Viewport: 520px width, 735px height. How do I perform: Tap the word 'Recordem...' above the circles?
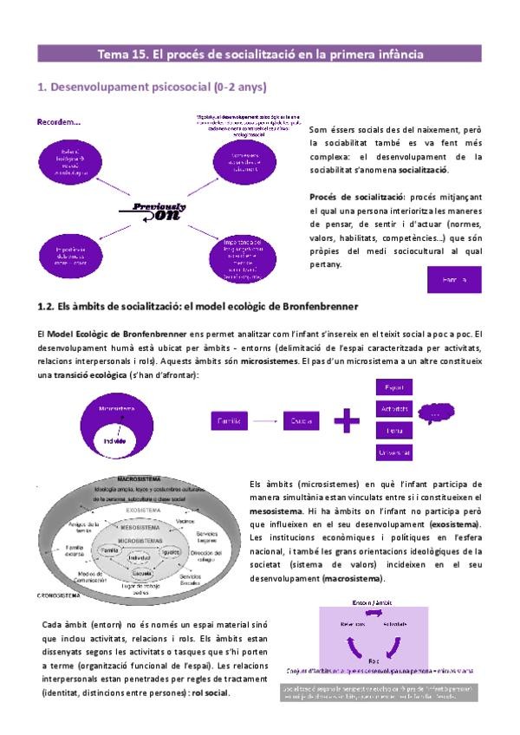coord(59,122)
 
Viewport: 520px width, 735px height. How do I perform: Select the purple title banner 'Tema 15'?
coord(260,54)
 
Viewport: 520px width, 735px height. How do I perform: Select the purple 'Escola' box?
coord(302,421)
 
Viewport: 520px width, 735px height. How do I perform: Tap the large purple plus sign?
coord(347,421)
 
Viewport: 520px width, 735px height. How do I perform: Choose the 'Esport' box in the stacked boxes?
coord(393,387)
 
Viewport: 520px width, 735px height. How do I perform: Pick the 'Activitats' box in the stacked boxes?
coord(393,409)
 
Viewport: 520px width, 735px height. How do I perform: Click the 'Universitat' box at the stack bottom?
coord(393,452)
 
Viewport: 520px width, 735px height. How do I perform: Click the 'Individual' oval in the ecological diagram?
coord(140,561)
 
